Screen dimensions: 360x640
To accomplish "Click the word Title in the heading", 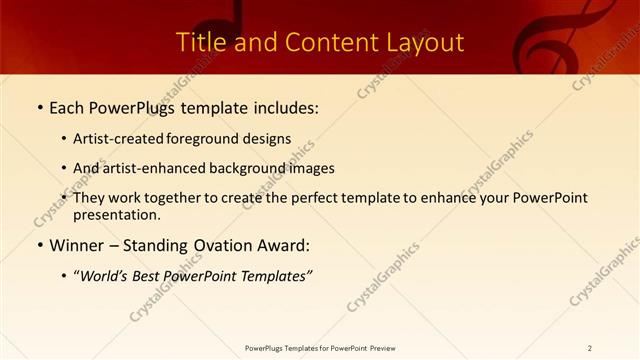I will [200, 43].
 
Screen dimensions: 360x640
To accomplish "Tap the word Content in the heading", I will [314, 43].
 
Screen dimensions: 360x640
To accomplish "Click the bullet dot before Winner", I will [39, 245].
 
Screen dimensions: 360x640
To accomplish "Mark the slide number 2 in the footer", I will [590, 348].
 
